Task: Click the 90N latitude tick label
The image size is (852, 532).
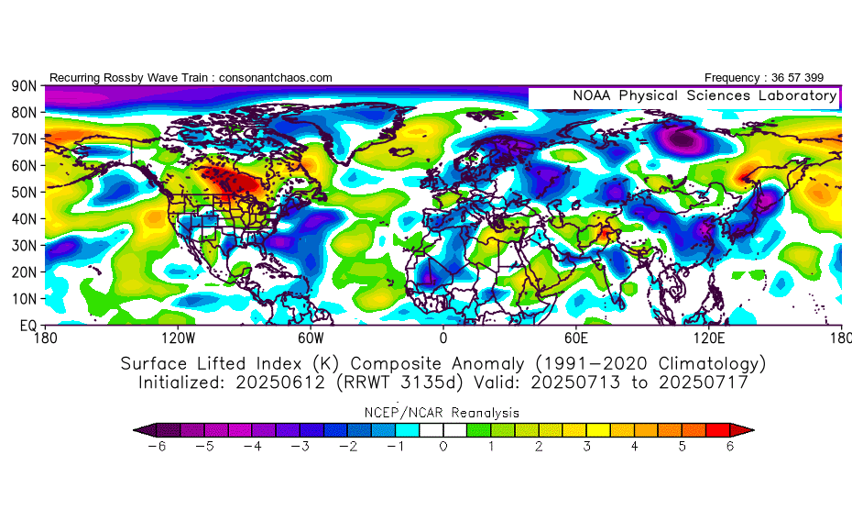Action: pos(23,86)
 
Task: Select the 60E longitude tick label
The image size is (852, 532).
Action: pos(575,338)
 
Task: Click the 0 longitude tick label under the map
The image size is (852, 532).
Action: pos(443,338)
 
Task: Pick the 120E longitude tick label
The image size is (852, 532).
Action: pos(708,338)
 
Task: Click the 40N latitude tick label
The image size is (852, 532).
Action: pos(23,219)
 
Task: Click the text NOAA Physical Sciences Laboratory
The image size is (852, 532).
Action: pos(704,95)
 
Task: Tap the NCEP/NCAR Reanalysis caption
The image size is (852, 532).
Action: pos(443,413)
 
